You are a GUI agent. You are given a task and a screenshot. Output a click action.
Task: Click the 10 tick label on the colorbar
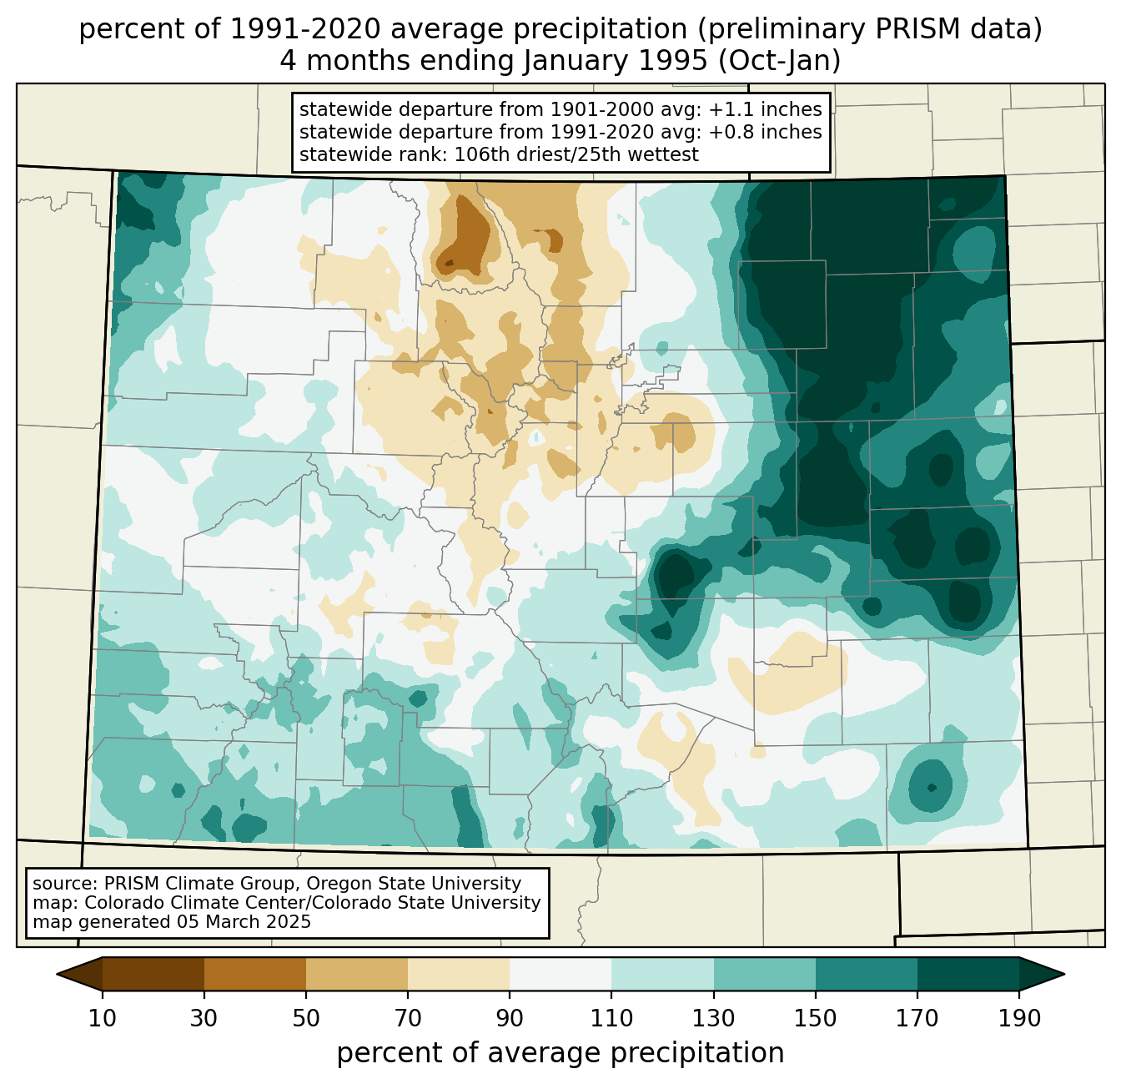[103, 1019]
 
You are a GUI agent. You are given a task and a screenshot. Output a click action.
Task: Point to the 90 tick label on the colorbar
[510, 1019]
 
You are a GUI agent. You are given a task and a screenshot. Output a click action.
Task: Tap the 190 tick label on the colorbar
[1019, 1019]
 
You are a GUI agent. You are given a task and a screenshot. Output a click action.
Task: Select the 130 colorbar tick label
[714, 1019]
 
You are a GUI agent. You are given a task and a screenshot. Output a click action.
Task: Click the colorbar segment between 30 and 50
[255, 974]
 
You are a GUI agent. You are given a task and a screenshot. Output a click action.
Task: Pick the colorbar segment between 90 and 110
[560, 974]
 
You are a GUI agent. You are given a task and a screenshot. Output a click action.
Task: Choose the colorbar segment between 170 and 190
[968, 974]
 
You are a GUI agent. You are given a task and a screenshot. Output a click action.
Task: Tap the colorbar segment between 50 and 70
[357, 974]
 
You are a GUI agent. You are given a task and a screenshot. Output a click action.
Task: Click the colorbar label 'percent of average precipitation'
[560, 1053]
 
